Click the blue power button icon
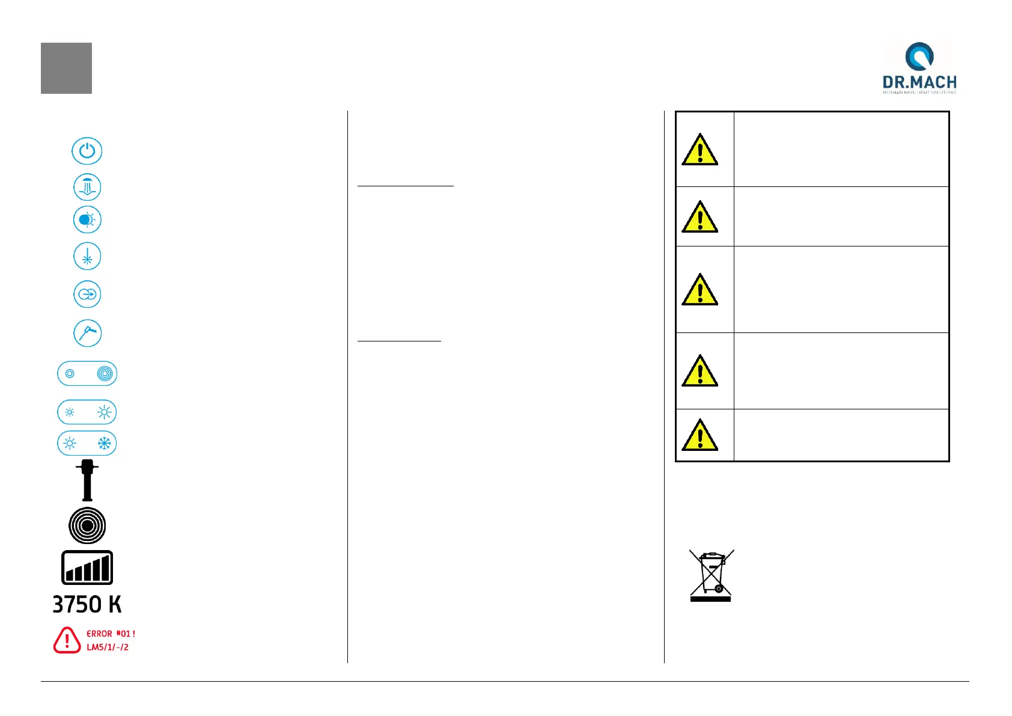click(x=87, y=151)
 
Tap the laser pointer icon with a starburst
click(x=87, y=257)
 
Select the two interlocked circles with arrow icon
click(x=87, y=295)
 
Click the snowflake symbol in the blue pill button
click(x=104, y=444)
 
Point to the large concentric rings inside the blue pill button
click(x=105, y=374)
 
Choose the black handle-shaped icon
click(x=87, y=480)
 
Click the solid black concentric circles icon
click(x=87, y=525)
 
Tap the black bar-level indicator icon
click(x=87, y=568)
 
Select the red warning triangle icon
click(x=67, y=640)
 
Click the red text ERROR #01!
click(x=111, y=634)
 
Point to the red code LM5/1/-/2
click(x=108, y=647)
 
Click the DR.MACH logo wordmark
click(x=919, y=82)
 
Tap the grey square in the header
click(x=66, y=68)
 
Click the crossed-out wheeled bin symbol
click(x=711, y=575)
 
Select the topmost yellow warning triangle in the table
click(x=700, y=150)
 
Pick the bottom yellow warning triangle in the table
click(x=700, y=436)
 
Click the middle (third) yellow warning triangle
click(x=700, y=290)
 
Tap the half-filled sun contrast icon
click(x=87, y=220)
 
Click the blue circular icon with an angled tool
click(x=87, y=333)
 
